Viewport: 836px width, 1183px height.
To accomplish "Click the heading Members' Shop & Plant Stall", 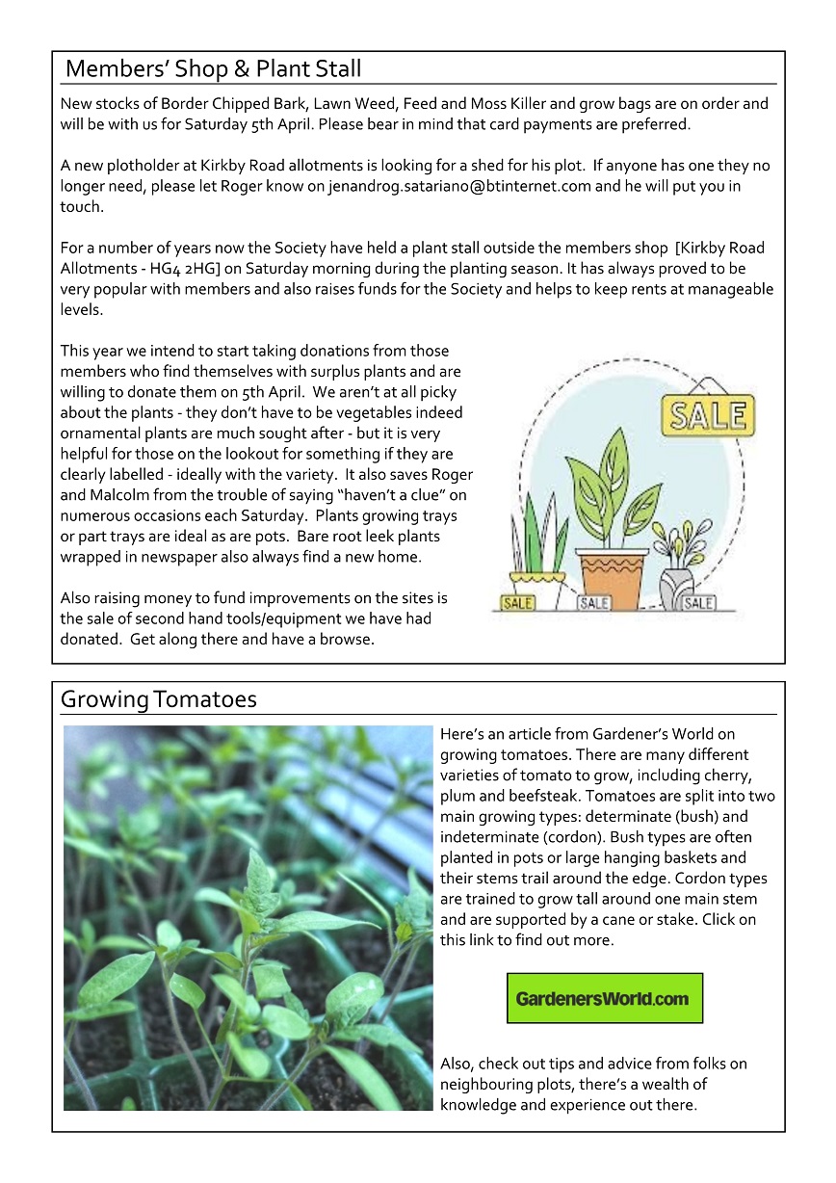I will (x=213, y=69).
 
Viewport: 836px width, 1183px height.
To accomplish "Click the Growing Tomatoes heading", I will (x=159, y=698).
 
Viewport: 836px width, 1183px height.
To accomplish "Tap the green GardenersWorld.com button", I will (x=604, y=998).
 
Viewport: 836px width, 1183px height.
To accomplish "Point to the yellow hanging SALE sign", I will (x=708, y=415).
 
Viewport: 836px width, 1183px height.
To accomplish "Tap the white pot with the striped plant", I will (x=537, y=587).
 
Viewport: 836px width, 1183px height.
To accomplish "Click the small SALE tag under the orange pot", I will (x=594, y=604).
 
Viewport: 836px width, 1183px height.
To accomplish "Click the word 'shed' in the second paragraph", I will (x=580, y=166).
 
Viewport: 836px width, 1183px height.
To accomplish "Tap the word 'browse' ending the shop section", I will (x=346, y=640).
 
